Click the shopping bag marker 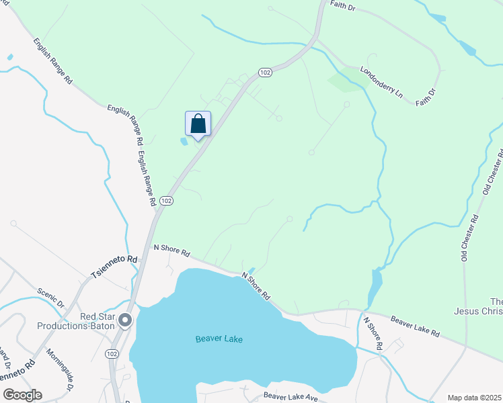point(198,124)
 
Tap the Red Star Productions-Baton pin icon point(125,322)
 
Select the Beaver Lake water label point(219,339)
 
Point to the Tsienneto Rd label point(114,267)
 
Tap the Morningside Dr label point(59,369)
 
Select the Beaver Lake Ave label point(291,398)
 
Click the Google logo point(22,395)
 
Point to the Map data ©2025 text point(473,398)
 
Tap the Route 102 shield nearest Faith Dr point(265,73)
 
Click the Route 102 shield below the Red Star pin point(112,353)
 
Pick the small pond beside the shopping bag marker point(184,142)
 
